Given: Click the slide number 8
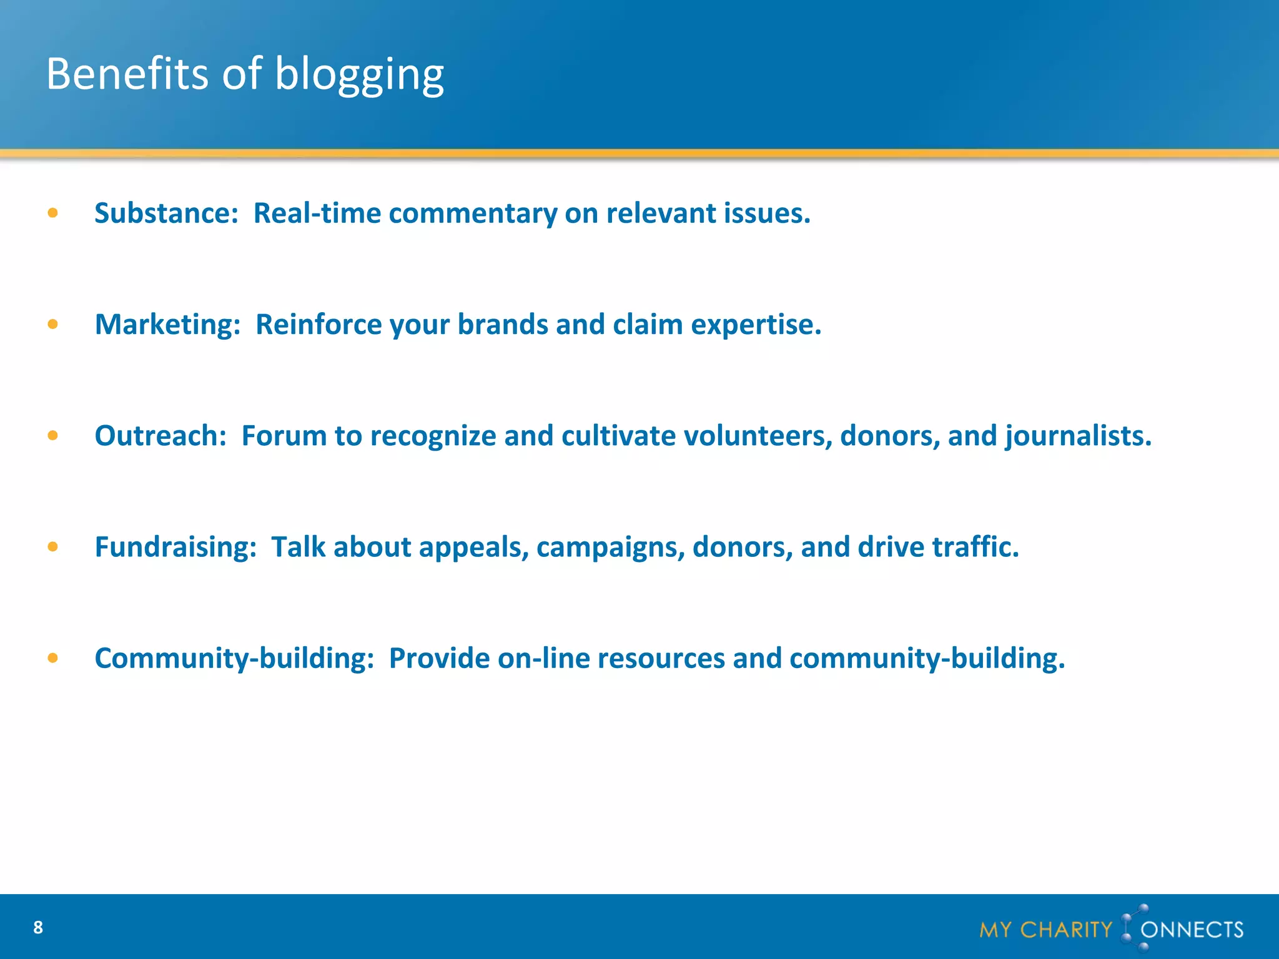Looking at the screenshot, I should point(38,928).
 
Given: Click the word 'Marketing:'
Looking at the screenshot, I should point(167,325).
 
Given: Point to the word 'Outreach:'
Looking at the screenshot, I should point(160,436).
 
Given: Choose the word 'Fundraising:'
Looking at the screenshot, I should point(175,547).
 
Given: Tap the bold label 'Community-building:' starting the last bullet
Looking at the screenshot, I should point(234,658).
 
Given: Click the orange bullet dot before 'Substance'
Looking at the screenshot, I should point(53,214).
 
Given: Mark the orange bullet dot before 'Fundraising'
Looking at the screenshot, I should point(53,547).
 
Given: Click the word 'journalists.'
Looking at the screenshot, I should point(1078,436).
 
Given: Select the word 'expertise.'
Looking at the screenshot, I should point(756,325).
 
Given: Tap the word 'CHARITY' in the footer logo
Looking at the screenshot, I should point(1066,930).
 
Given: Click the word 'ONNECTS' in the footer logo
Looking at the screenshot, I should point(1192,930).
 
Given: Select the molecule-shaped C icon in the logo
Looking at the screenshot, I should point(1133,928).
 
